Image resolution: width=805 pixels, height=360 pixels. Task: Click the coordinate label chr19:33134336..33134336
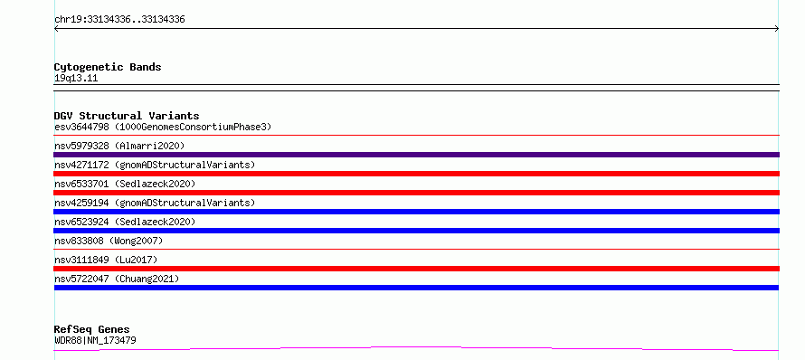click(x=119, y=20)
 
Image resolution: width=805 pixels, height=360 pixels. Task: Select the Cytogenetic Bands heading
click(x=108, y=67)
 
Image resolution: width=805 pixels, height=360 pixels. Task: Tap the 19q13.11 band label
click(x=76, y=79)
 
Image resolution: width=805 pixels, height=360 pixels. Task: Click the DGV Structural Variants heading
click(x=127, y=116)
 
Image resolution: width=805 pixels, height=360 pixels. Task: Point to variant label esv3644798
click(x=81, y=127)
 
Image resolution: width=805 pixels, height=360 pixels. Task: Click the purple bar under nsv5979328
click(x=416, y=155)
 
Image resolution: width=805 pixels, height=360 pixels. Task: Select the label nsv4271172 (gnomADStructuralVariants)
click(x=155, y=165)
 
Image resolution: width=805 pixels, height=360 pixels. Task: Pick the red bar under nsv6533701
click(x=416, y=193)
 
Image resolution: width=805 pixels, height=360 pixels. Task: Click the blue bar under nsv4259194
click(x=416, y=212)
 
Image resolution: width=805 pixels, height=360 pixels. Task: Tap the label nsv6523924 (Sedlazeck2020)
click(x=125, y=222)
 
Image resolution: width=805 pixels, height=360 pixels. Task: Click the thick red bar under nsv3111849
click(x=416, y=269)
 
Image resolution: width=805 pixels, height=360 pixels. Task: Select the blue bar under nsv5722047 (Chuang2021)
click(x=416, y=288)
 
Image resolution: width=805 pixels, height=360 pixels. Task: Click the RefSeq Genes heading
click(x=92, y=329)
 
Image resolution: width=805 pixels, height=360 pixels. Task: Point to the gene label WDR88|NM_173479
click(x=95, y=340)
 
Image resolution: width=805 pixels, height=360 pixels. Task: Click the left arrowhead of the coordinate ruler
click(x=56, y=29)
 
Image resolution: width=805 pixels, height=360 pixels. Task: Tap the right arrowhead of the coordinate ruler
click(x=777, y=29)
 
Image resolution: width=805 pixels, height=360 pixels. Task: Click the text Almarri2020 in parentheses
click(x=149, y=146)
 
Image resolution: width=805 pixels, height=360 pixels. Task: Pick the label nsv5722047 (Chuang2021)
click(x=117, y=279)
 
